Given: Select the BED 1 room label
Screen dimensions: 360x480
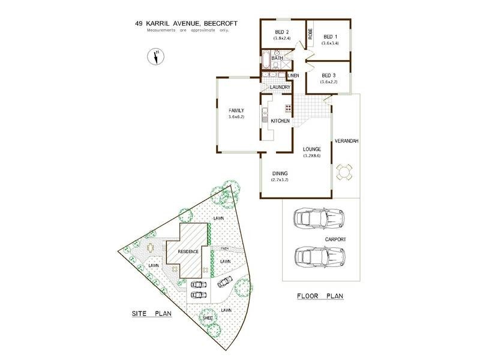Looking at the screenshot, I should point(331,37).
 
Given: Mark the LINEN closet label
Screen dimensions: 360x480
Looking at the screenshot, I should point(293,76).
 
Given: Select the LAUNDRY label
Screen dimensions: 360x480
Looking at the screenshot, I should point(280,88).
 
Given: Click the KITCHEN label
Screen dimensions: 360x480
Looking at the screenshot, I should point(280,121).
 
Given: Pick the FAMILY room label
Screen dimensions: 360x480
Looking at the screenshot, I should point(236,110).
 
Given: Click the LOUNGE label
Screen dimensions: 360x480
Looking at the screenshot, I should point(312,149).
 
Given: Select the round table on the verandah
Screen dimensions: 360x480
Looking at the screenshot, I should point(344,173).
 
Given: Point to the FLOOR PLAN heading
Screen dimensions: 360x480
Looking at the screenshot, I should point(319,296).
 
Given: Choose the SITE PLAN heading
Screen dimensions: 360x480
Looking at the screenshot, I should point(152,314).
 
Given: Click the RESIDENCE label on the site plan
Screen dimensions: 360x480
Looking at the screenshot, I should point(187,251).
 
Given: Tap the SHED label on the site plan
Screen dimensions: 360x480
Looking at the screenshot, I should point(208,317).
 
